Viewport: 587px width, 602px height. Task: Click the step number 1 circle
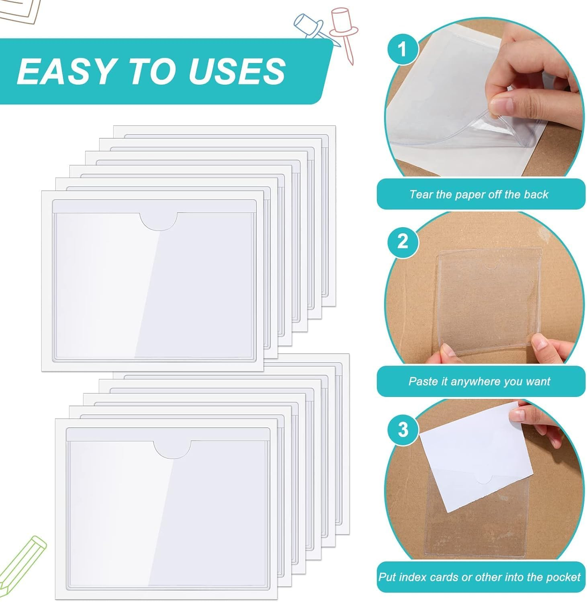403,49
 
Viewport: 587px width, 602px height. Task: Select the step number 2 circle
403,242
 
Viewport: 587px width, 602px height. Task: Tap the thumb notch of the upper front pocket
159,221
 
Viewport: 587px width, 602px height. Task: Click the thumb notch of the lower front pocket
172,449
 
